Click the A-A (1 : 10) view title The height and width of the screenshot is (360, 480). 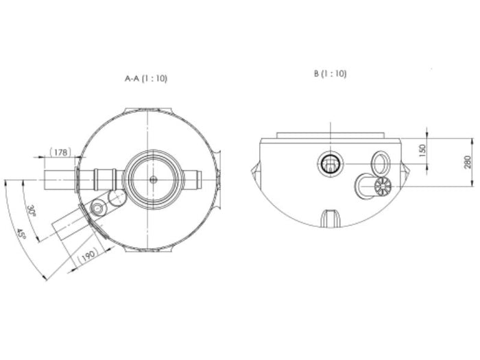pos(145,79)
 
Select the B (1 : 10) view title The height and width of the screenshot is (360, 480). pos(330,73)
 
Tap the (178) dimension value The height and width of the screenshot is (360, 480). pos(61,153)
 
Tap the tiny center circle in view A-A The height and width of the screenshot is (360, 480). pos(153,180)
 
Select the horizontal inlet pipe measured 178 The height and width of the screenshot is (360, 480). pos(62,180)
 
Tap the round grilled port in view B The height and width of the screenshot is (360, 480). pos(331,163)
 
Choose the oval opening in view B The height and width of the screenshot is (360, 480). pos(380,163)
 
